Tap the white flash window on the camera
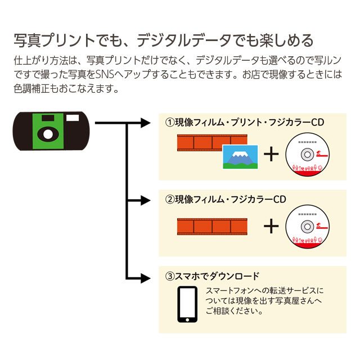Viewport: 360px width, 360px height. click(x=73, y=119)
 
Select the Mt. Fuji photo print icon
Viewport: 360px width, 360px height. click(x=240, y=157)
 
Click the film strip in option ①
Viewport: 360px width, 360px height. click(x=199, y=143)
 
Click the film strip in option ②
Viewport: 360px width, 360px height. click(x=212, y=227)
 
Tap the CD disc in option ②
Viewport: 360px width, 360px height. click(x=308, y=227)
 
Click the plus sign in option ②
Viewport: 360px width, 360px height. click(x=271, y=227)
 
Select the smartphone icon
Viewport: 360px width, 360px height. click(x=187, y=304)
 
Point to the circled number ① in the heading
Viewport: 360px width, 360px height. click(x=168, y=123)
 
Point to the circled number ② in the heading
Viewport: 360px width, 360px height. click(x=168, y=200)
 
